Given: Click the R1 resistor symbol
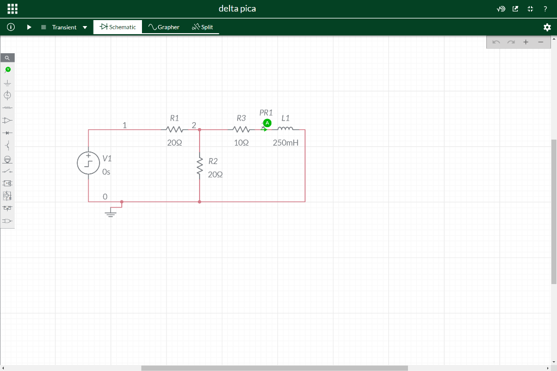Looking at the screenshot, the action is point(175,129).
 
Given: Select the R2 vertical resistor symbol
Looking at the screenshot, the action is point(200,166).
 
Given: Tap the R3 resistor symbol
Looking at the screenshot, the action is point(241,129).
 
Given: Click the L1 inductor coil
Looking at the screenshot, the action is point(285,129).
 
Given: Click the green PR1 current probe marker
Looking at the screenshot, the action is point(267,123).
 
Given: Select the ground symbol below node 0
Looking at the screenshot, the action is point(111,213).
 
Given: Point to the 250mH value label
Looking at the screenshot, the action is point(286,142).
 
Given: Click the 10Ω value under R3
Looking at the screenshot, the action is point(241,142).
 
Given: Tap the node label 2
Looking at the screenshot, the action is point(194,125).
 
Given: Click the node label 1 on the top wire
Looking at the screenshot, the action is point(125,125).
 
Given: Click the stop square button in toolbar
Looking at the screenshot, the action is point(44,27).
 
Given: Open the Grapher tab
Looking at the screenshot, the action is point(164,27).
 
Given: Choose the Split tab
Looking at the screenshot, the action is point(202,27).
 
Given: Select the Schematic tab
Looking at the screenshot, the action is point(117,27).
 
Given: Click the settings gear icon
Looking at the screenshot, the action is point(547,27).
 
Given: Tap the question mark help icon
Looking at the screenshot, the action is point(545,9).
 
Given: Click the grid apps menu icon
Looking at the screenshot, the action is point(13,9).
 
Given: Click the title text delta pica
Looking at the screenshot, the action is point(237,9).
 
